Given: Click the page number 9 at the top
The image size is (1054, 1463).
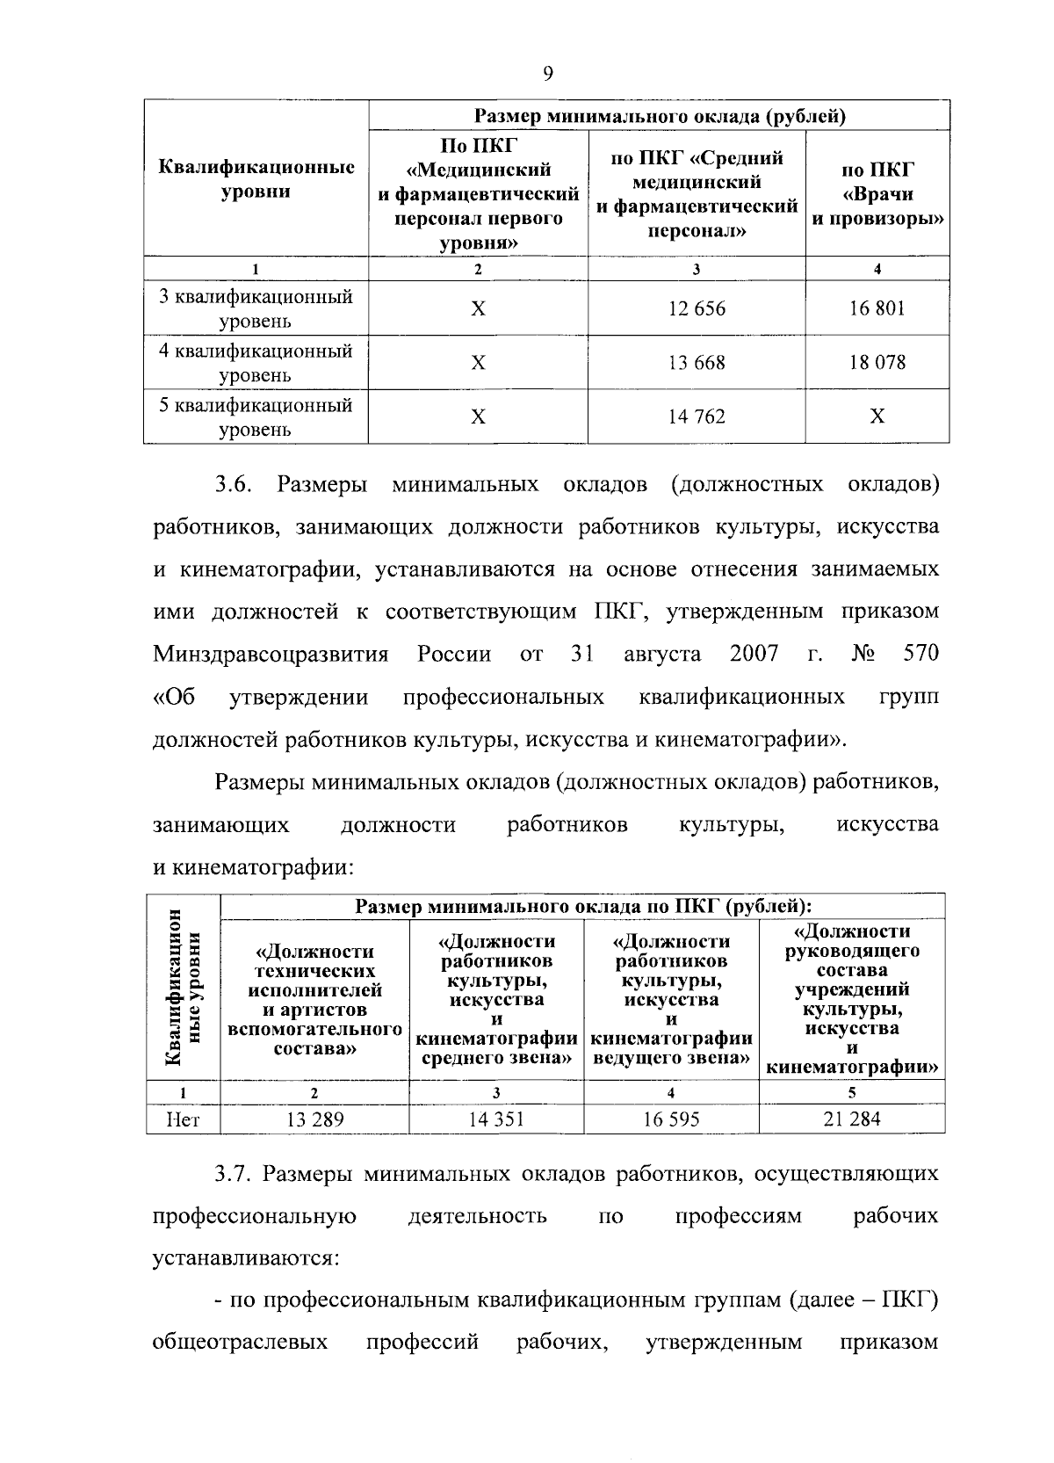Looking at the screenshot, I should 547,74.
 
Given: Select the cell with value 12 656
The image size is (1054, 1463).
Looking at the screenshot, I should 697,308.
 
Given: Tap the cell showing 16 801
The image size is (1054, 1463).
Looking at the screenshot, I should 877,308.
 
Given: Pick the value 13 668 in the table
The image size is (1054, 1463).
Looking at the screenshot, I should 697,362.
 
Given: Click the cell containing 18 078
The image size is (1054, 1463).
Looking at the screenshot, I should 877,362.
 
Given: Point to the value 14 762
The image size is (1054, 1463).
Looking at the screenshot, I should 697,416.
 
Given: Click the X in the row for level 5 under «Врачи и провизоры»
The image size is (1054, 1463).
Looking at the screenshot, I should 877,416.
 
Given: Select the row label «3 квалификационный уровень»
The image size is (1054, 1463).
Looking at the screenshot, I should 256,308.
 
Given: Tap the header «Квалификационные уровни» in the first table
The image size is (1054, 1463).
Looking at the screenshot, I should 256,179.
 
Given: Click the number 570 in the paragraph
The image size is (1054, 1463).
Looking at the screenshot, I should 920,654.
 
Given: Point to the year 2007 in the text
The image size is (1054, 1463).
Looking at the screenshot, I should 754,654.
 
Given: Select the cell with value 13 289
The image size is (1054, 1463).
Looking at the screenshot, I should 314,1119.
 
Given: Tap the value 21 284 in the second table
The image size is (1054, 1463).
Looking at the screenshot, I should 851,1119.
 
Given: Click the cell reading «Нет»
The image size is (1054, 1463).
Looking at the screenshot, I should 184,1119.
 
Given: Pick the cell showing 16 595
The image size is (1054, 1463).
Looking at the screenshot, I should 671,1119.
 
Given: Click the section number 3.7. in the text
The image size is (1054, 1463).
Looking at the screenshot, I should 234,1174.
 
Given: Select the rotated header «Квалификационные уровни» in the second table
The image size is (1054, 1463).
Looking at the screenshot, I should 184,988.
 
